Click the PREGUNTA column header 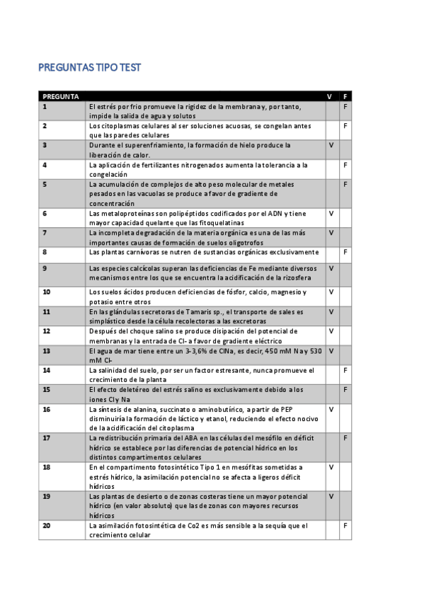coord(60,96)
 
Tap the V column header coord(329,96)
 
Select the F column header coord(345,96)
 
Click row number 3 coord(45,145)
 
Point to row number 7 coord(45,232)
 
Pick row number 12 coord(46,330)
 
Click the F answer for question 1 coord(345,106)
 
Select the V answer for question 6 coord(331,212)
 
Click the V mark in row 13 coord(331,350)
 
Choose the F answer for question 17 coord(345,438)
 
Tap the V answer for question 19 coord(331,497)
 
